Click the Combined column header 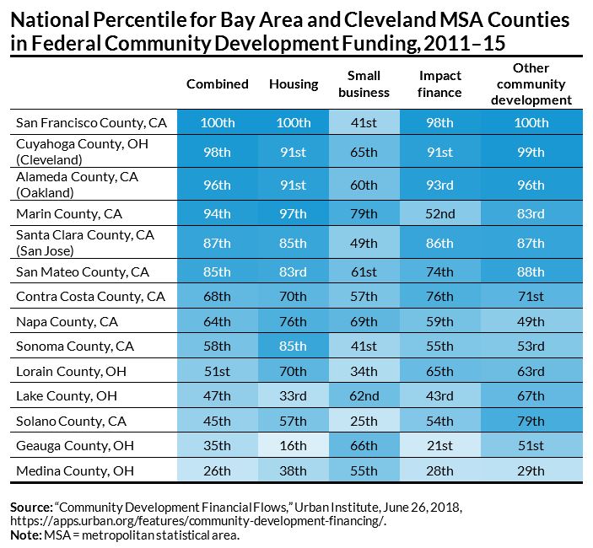(x=218, y=83)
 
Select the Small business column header (x=364, y=83)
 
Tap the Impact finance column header (x=440, y=83)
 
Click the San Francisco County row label (x=92, y=122)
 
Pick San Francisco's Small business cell (x=364, y=122)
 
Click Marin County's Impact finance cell (x=440, y=212)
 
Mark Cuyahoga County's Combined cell (x=218, y=153)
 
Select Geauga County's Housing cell (x=294, y=445)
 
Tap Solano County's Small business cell (x=364, y=421)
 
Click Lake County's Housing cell (x=294, y=395)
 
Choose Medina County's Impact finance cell (x=440, y=470)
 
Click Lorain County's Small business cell (x=364, y=371)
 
